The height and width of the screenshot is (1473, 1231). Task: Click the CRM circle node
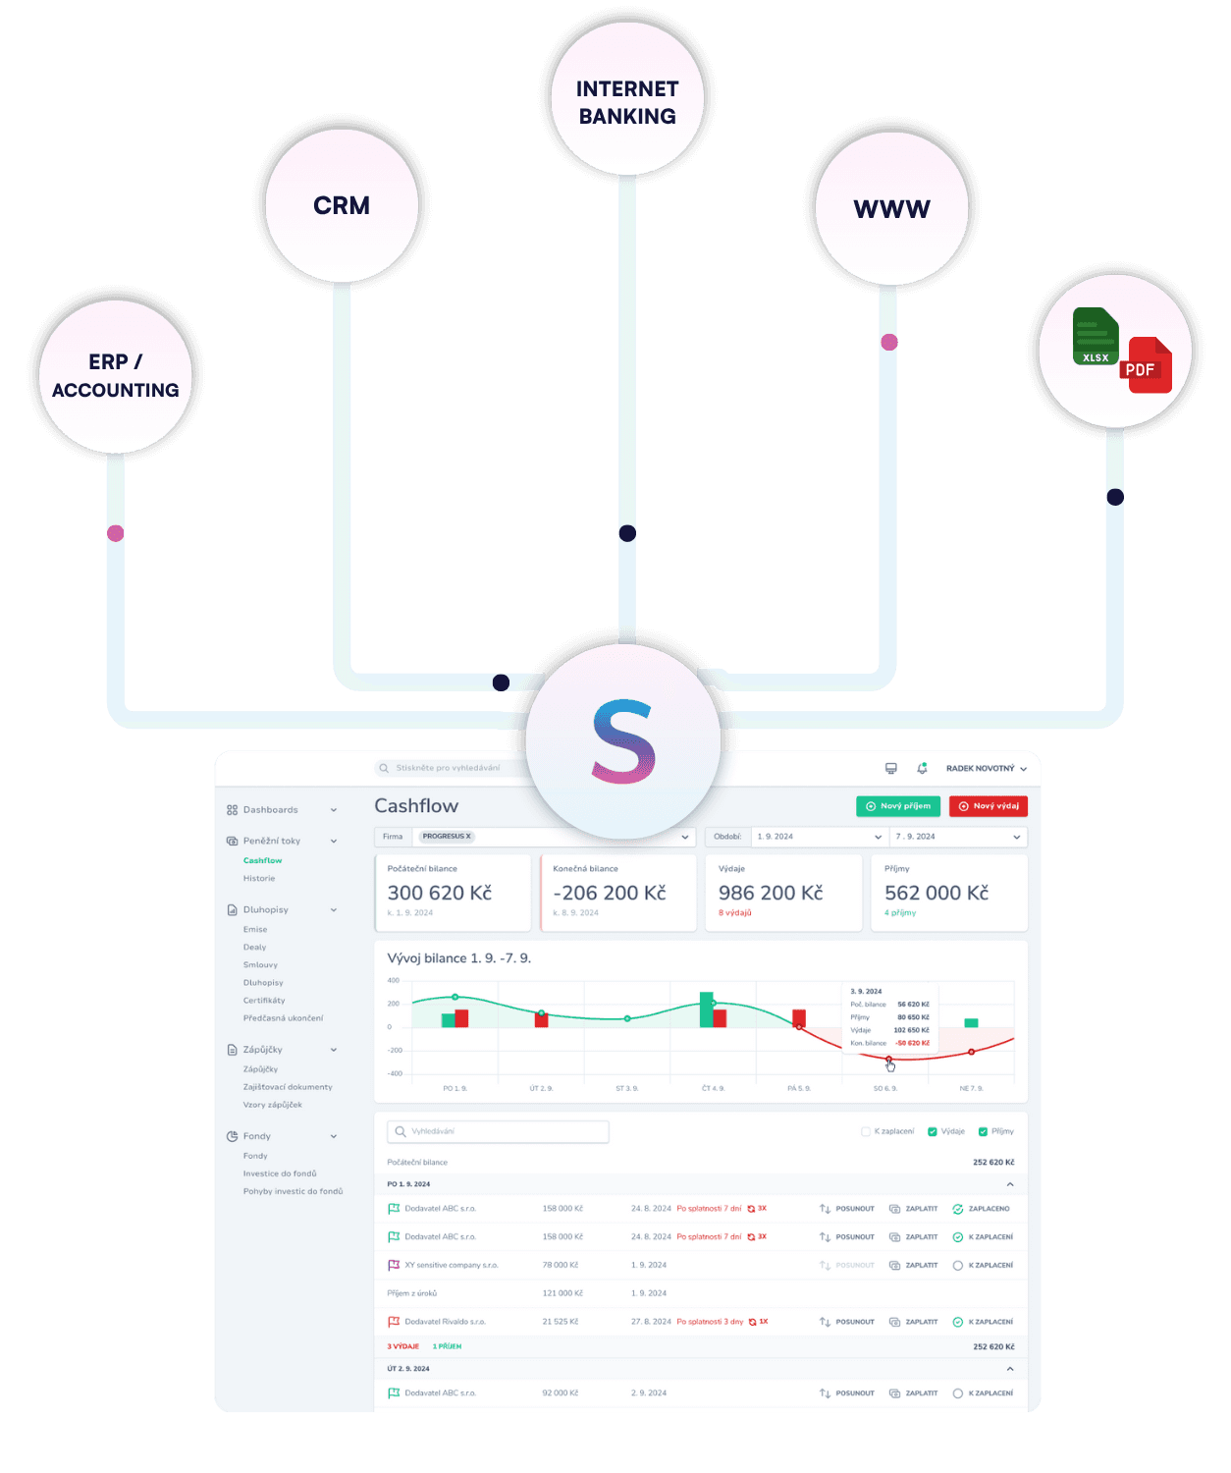[342, 206]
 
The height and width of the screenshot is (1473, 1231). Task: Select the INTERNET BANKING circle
[627, 101]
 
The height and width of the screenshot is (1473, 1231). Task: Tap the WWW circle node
[891, 209]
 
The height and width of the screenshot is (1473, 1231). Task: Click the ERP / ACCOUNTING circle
[116, 376]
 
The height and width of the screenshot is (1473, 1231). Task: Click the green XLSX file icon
[1096, 337]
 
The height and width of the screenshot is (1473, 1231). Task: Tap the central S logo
[623, 741]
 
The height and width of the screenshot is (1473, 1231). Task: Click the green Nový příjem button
[898, 806]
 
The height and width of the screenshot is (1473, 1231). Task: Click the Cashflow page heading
[416, 806]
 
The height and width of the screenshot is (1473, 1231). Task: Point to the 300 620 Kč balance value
[439, 893]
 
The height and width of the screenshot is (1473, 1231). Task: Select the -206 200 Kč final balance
[609, 893]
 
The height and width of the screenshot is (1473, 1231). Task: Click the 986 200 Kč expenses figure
[771, 893]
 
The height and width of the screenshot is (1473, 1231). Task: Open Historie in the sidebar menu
[259, 879]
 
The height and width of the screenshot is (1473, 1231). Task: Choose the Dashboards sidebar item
[270, 810]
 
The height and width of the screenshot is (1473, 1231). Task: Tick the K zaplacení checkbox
[866, 1131]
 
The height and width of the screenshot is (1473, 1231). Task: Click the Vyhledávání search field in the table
[499, 1131]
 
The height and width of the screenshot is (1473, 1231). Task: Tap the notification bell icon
[922, 768]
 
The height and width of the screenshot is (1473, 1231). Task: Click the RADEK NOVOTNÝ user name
[981, 769]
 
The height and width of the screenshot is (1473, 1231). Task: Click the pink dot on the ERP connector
[116, 533]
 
